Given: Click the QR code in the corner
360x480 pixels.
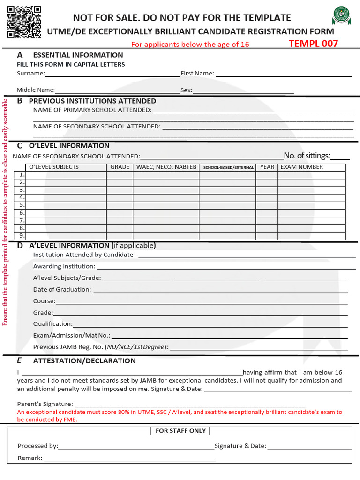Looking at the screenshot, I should coord(24,22).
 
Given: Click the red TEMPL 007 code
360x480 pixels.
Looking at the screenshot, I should coord(313,44).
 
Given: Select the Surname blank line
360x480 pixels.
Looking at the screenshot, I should coord(112,74).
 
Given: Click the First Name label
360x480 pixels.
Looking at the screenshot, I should coord(197,73).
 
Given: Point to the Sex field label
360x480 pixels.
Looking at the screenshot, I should coord(187,90).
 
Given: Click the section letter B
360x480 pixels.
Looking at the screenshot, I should coord(20,100).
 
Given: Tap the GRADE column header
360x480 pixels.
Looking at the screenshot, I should coord(120,167).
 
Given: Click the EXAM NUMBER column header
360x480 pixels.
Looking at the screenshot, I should coord(301,167).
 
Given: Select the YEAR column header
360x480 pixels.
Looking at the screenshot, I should coord(267,167).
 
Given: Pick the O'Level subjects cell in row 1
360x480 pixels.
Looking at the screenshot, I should coord(67,175).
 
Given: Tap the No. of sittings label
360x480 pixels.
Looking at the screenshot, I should coord(307,156).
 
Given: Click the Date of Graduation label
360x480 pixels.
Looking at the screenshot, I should coord(62,290).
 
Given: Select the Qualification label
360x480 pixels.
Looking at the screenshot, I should coord(52,324).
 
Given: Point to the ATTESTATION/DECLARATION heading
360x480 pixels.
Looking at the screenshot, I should coord(84,361).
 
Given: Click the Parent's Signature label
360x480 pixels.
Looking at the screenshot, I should coord(45,404).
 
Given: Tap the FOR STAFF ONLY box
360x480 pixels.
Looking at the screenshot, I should coord(180,431).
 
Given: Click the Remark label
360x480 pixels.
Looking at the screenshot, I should coord(30,458).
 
